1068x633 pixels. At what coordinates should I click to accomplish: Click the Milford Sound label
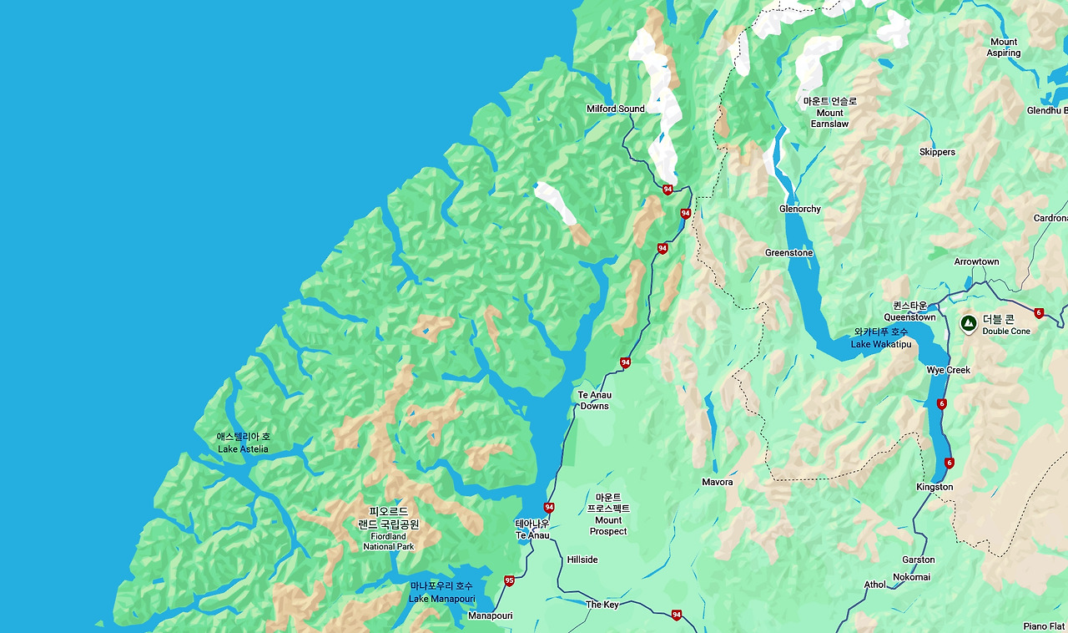(x=615, y=109)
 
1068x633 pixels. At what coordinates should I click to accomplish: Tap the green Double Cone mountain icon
(x=969, y=324)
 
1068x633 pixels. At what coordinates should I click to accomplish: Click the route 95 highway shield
(x=509, y=580)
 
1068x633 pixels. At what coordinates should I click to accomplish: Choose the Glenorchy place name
(x=799, y=209)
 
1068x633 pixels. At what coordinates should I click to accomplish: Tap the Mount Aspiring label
(x=1003, y=48)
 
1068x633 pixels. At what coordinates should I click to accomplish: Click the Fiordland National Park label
(x=388, y=529)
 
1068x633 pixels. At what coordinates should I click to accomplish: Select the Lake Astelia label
(x=243, y=443)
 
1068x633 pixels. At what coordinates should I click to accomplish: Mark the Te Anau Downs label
(x=594, y=401)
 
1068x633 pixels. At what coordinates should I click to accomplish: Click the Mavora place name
(x=717, y=482)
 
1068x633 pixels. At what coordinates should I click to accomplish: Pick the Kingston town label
(x=934, y=487)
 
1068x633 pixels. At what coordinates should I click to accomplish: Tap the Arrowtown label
(x=976, y=261)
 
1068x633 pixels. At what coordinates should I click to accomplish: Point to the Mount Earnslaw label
(x=829, y=113)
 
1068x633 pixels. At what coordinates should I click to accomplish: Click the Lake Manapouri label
(x=441, y=592)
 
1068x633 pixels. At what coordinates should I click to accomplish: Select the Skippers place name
(x=937, y=152)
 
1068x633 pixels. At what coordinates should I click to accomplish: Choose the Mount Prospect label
(x=608, y=514)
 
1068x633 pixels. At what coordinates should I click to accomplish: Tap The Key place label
(x=602, y=605)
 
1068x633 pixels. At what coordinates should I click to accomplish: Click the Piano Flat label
(x=1044, y=626)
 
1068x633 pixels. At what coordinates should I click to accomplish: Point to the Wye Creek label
(x=948, y=370)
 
